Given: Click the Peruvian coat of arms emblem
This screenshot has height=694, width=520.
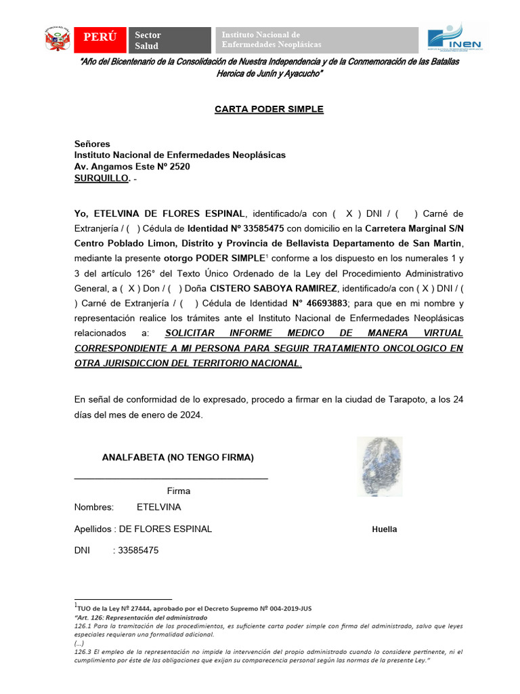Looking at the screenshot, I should [x=58, y=39].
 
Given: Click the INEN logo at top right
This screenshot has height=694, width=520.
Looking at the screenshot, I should [x=454, y=38].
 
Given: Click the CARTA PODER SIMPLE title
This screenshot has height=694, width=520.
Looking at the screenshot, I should [x=259, y=109].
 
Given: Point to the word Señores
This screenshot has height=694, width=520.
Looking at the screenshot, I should [x=92, y=144].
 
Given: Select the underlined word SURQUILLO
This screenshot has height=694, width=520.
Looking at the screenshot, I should [x=102, y=178].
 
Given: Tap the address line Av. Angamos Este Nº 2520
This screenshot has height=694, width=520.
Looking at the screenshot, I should [x=132, y=167].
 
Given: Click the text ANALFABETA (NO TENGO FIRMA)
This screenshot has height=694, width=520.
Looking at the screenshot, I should [x=177, y=457].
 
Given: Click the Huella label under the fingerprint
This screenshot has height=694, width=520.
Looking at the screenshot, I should [x=385, y=529].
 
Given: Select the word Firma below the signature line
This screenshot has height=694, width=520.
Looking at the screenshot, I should [x=179, y=491].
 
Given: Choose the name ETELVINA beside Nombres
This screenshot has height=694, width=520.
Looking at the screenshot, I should [x=158, y=507].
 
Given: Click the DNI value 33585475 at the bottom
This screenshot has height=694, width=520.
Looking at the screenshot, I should [x=138, y=550].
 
